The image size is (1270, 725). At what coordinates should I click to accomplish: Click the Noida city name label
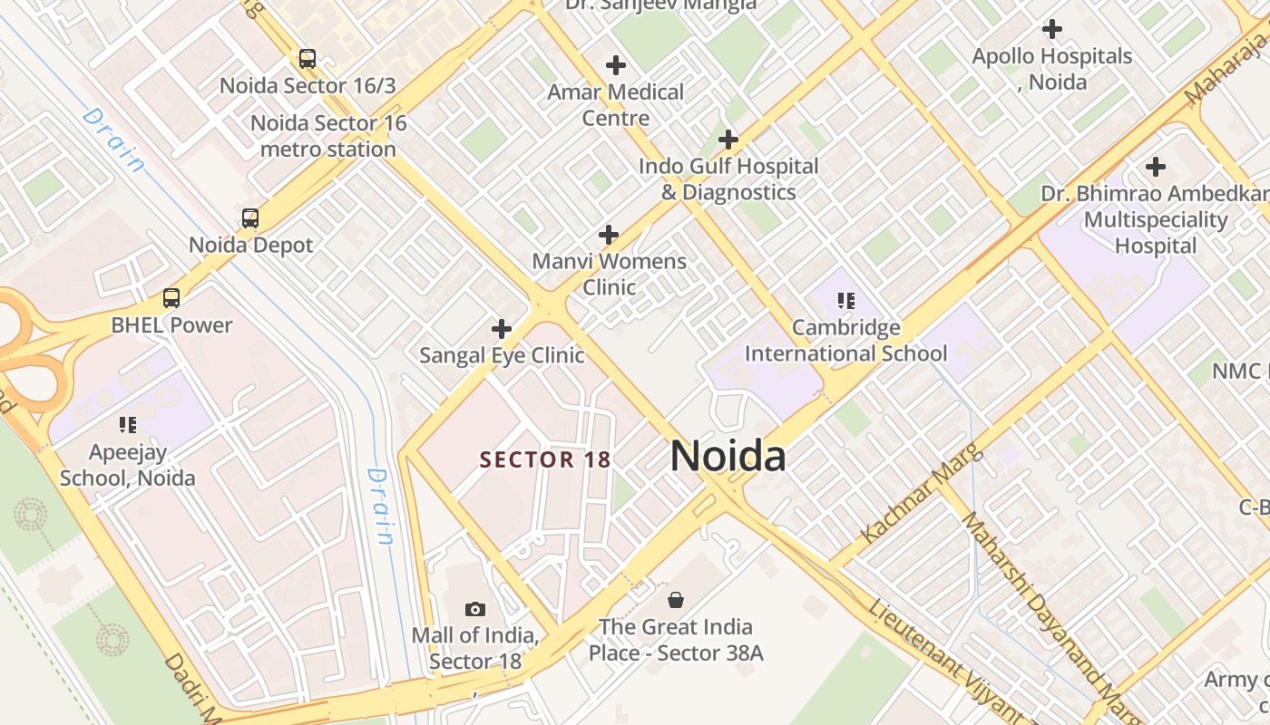[x=728, y=456]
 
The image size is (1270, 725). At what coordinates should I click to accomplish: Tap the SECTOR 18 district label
[x=545, y=459]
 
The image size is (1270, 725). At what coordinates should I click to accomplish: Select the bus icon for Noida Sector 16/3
[x=308, y=60]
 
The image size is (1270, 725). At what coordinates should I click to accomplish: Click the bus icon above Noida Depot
[x=250, y=218]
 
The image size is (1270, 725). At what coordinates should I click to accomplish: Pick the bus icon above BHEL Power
[x=171, y=298]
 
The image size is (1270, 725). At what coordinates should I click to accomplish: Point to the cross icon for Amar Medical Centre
[x=616, y=65]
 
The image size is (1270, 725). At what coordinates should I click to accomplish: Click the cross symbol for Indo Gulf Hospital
[x=728, y=140]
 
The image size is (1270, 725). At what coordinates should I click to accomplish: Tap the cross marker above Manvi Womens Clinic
[x=609, y=236]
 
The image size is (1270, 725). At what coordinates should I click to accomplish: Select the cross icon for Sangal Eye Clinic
[x=501, y=329]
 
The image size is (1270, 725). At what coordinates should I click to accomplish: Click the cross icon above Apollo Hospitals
[x=1052, y=29]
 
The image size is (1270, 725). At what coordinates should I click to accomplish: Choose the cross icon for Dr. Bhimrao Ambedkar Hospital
[x=1155, y=167]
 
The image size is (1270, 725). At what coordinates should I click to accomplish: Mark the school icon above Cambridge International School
[x=846, y=301]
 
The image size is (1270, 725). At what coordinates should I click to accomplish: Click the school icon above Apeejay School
[x=128, y=424]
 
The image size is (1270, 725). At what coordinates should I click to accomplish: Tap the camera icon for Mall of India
[x=474, y=609]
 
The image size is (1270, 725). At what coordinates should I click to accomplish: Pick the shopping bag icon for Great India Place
[x=676, y=600]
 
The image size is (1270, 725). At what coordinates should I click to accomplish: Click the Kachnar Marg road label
[x=920, y=493]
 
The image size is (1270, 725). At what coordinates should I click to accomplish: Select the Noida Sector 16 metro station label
[x=328, y=136]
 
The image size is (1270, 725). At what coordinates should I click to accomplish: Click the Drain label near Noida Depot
[x=113, y=140]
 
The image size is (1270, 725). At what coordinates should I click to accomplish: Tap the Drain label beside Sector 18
[x=381, y=506]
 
